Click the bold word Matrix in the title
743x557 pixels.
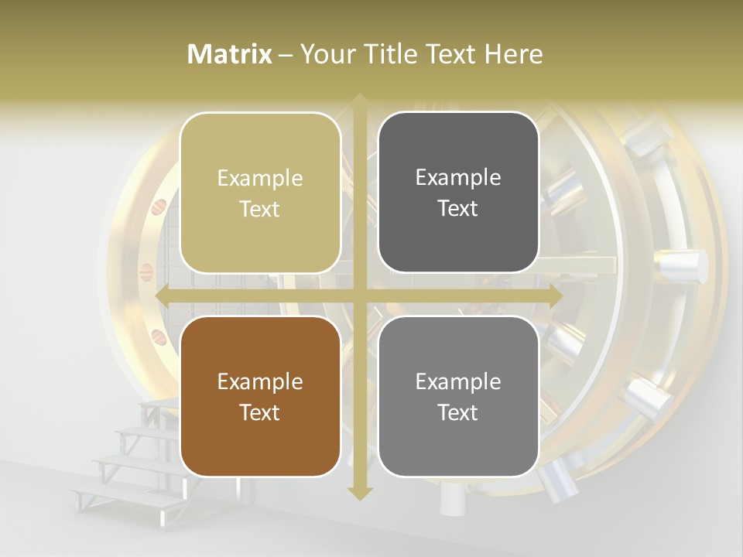pos(230,54)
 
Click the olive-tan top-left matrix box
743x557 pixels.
pos(260,193)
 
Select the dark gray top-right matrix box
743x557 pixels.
pos(458,192)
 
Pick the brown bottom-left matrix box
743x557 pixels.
pos(260,396)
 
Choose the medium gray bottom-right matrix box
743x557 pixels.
pos(458,396)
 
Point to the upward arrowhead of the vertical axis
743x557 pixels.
pos(360,101)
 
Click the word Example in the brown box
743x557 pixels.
pos(260,381)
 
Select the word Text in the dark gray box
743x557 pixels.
pos(458,208)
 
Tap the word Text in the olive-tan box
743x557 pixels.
pos(260,209)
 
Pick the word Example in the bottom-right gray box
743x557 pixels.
pos(458,381)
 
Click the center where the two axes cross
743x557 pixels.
pos(360,296)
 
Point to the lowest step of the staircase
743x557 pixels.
pos(124,496)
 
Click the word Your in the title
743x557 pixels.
pos(323,54)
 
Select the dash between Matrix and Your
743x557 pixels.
pos(286,55)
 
